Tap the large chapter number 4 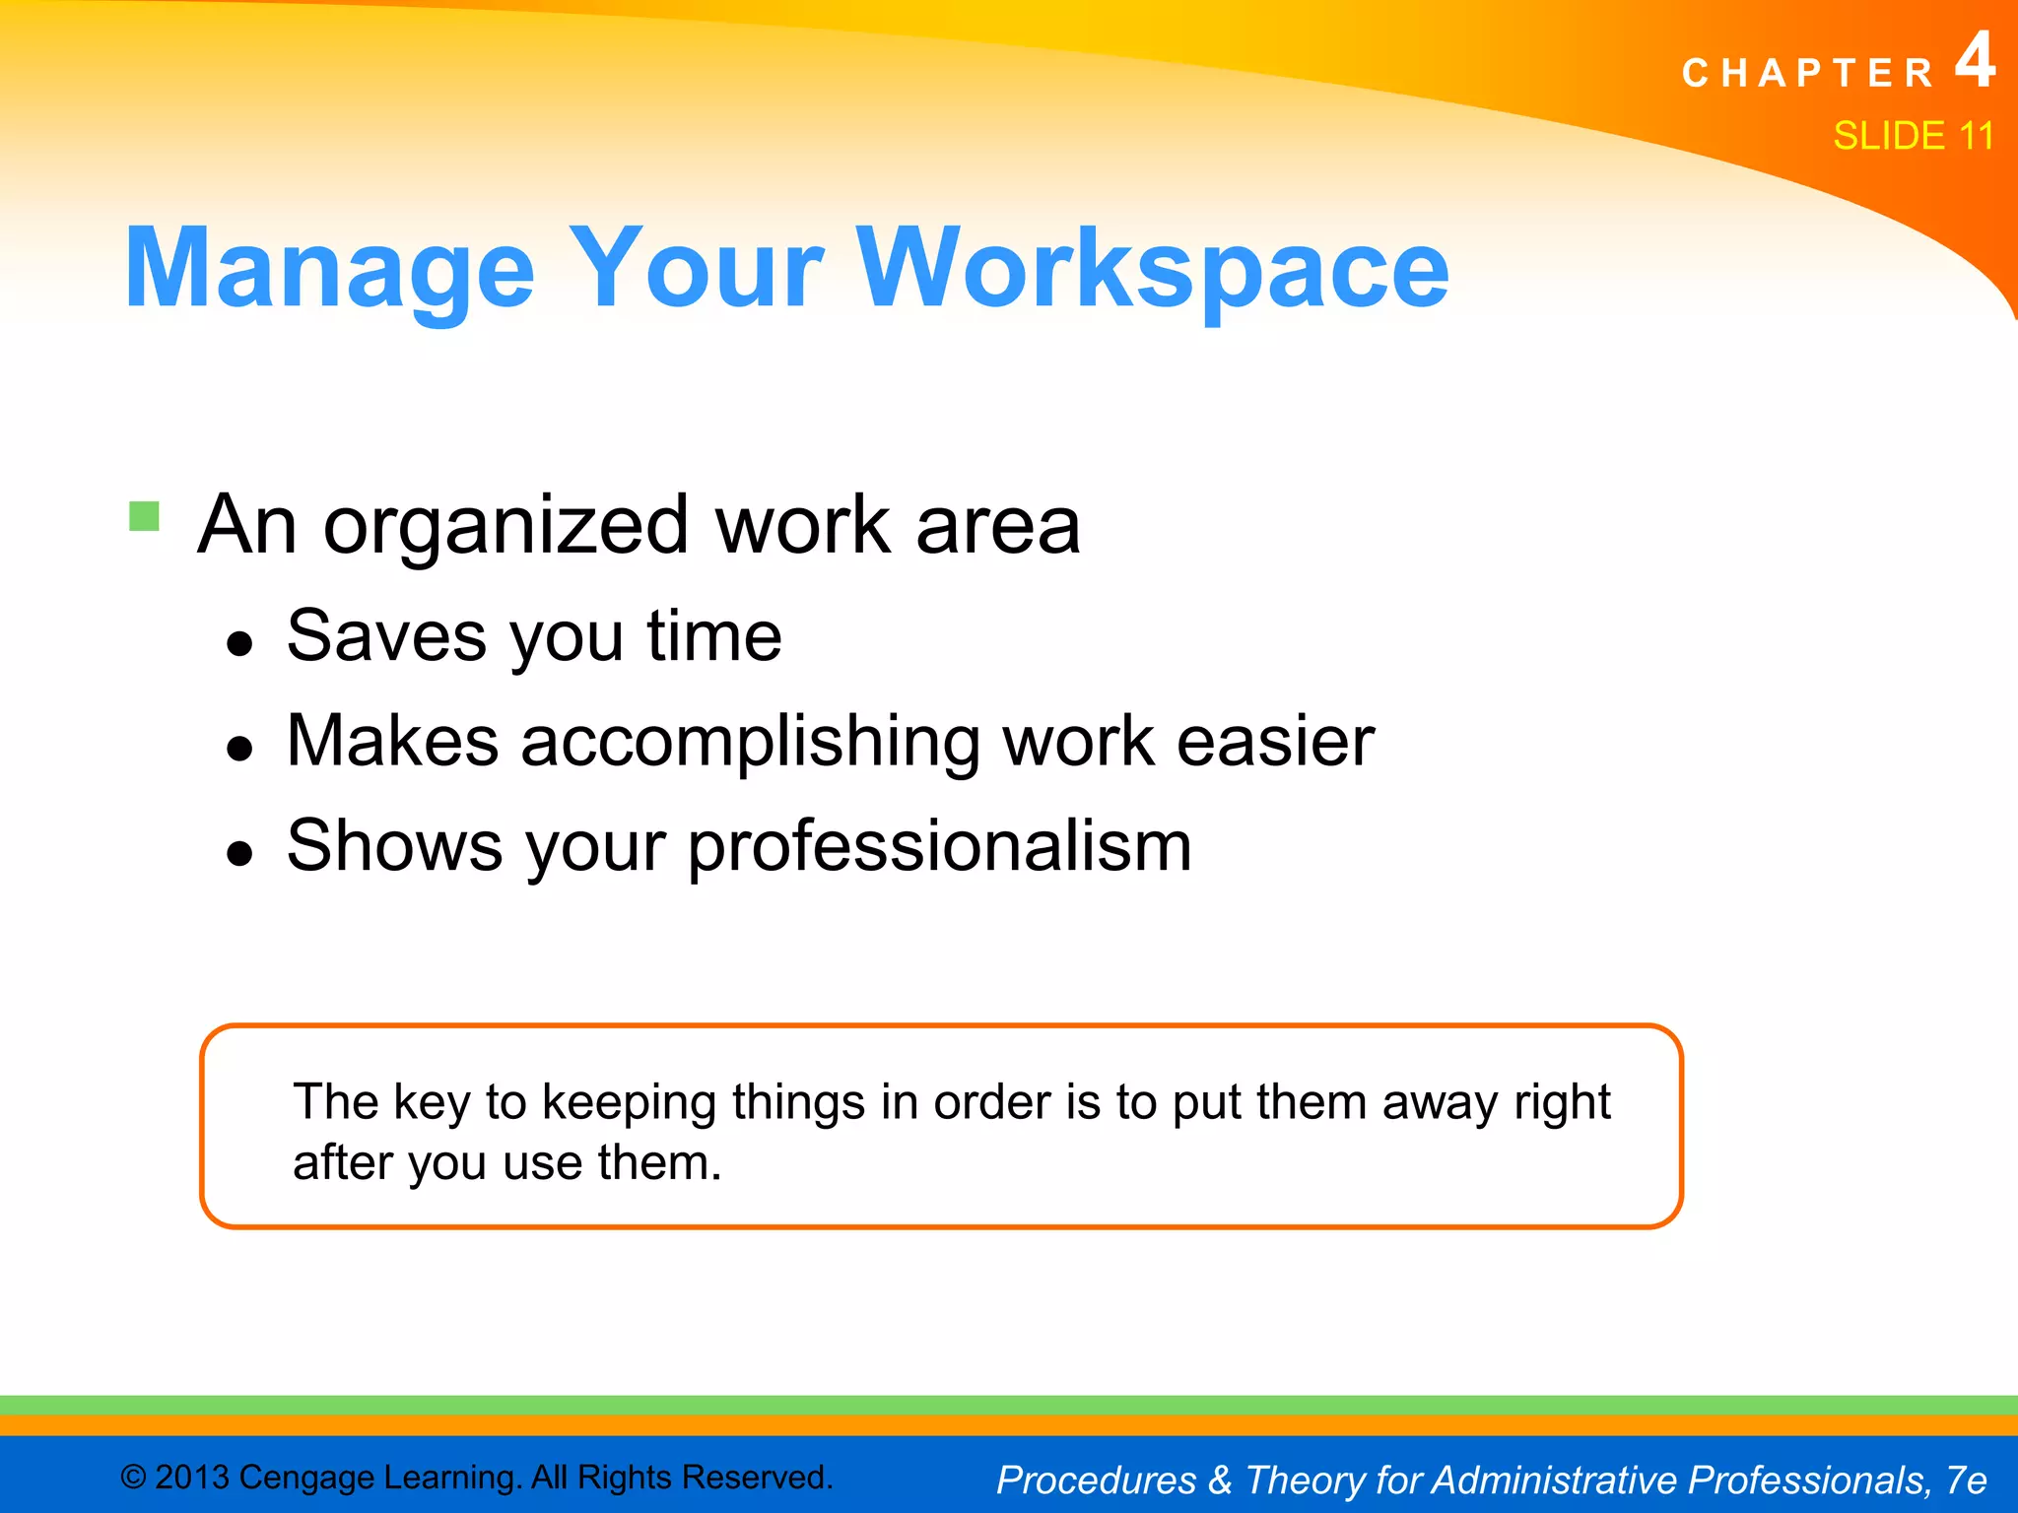[1974, 61]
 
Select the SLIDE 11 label [1913, 136]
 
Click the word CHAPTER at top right [1808, 74]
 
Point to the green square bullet [145, 516]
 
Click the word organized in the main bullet [506, 527]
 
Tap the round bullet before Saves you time [239, 645]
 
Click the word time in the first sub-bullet [714, 636]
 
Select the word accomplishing [750, 743]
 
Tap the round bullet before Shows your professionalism [239, 854]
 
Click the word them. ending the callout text [659, 1163]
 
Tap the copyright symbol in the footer [133, 1478]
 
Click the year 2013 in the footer [193, 1478]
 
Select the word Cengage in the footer [306, 1478]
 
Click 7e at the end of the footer [1966, 1480]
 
